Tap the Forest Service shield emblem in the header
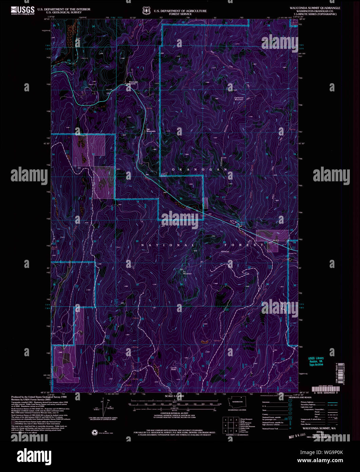pyautogui.click(x=147, y=11)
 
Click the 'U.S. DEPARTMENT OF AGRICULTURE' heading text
pyautogui.click(x=180, y=11)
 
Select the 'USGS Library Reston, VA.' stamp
pyautogui.click(x=316, y=361)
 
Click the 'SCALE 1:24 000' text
pyautogui.click(x=174, y=396)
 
